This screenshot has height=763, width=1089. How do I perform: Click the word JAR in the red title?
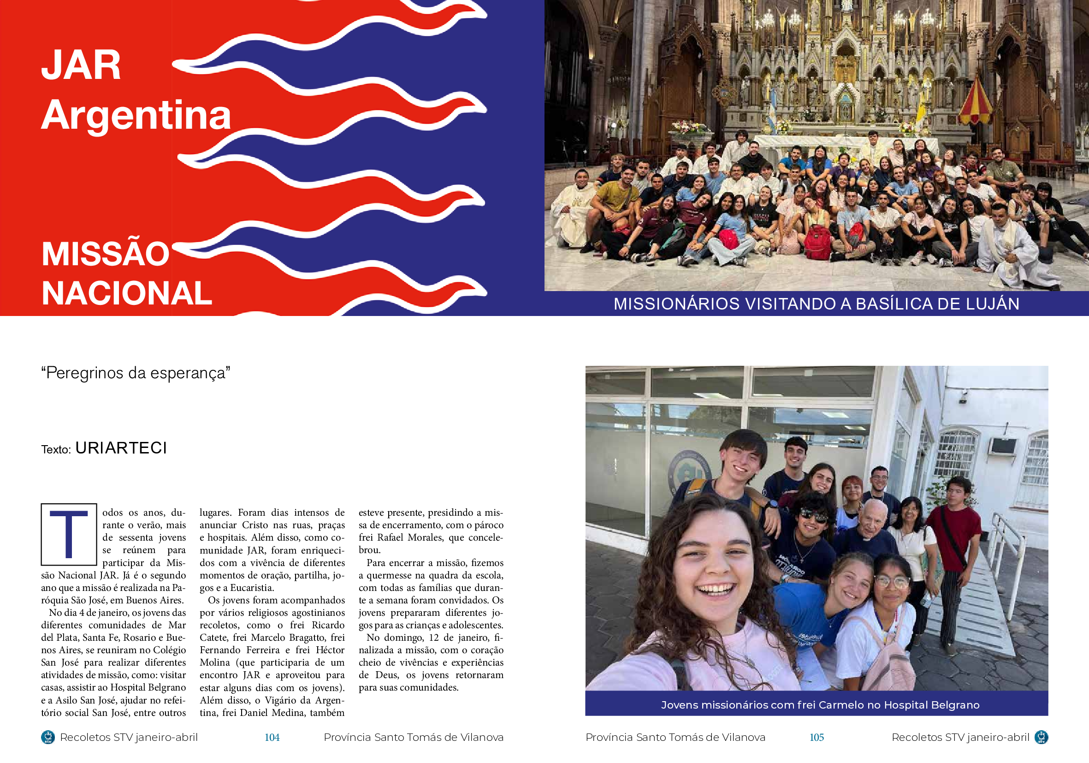81,65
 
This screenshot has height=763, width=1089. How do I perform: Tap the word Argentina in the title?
136,115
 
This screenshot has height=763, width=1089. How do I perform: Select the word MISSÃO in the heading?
105,254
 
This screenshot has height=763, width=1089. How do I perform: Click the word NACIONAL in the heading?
127,293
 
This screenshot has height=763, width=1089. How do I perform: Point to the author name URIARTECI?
121,448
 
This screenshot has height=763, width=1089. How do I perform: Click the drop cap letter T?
69,534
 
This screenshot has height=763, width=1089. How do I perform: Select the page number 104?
272,737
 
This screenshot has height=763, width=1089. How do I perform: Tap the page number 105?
816,737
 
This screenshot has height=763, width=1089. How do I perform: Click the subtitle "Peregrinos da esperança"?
136,373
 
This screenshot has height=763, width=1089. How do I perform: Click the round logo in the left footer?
48,737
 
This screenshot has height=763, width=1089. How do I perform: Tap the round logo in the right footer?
1041,737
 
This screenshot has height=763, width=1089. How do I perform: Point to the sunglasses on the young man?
812,514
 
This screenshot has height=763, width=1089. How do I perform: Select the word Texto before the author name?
55,449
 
